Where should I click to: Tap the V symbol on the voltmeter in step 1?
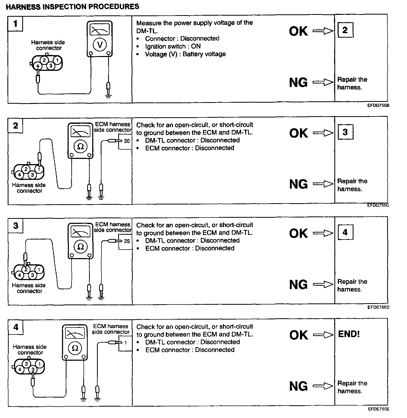pyautogui.click(x=100, y=45)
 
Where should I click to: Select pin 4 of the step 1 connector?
pyautogui.click(x=38, y=66)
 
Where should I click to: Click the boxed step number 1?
pyautogui.click(x=15, y=24)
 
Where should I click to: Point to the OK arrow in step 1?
pyautogui.click(x=323, y=31)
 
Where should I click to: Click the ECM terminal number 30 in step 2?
pyautogui.click(x=127, y=141)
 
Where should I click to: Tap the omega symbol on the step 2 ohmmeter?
pyautogui.click(x=81, y=146)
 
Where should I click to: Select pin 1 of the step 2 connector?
pyautogui.click(x=39, y=169)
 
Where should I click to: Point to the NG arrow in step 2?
pyautogui.click(x=323, y=184)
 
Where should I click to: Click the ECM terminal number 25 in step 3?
pyautogui.click(x=127, y=241)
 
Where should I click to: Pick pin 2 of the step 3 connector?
pyautogui.click(x=26, y=269)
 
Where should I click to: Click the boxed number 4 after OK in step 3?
pyautogui.click(x=345, y=232)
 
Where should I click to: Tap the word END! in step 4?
pyautogui.click(x=349, y=334)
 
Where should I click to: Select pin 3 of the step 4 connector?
pyautogui.click(x=33, y=369)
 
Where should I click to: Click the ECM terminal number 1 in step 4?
pyautogui.click(x=126, y=343)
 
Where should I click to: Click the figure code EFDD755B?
pyautogui.click(x=378, y=105)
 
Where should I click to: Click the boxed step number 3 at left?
pyautogui.click(x=16, y=226)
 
